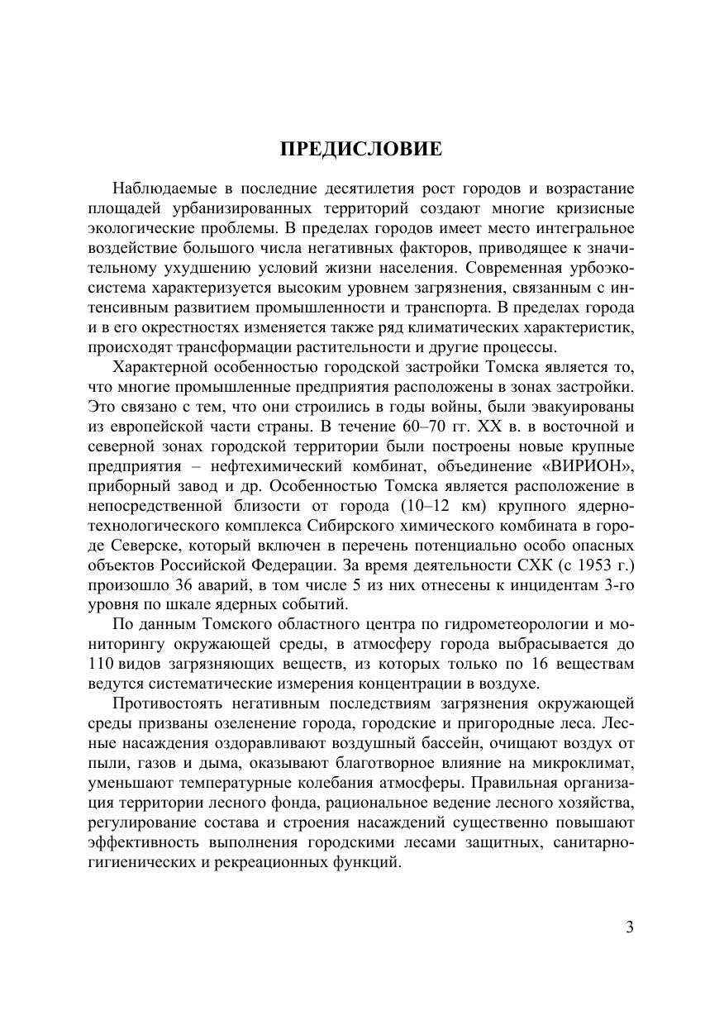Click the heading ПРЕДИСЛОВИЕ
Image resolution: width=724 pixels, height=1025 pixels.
click(361, 149)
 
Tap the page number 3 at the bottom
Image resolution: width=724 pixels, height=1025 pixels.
click(630, 927)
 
